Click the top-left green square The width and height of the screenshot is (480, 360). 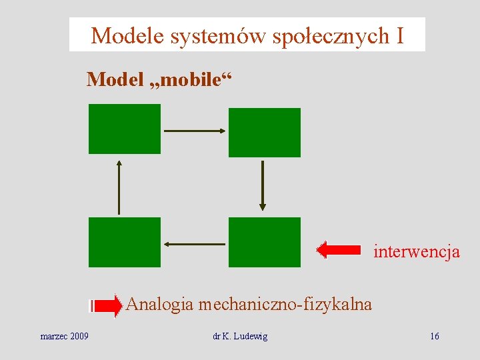click(125, 129)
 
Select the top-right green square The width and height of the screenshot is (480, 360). click(264, 133)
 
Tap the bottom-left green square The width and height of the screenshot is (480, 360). click(125, 242)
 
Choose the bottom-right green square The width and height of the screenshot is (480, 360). click(264, 242)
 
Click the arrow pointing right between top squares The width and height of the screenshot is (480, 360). click(195, 131)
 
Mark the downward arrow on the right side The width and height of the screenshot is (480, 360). click(263, 185)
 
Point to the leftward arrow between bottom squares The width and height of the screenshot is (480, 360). click(195, 244)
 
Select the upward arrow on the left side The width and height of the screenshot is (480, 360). click(119, 186)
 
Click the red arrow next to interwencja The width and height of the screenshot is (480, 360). click(339, 250)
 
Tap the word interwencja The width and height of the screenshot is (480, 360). click(417, 252)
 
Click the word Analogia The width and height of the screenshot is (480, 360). click(159, 305)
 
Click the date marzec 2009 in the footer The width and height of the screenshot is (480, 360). click(65, 336)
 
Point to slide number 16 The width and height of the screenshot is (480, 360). click(435, 336)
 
